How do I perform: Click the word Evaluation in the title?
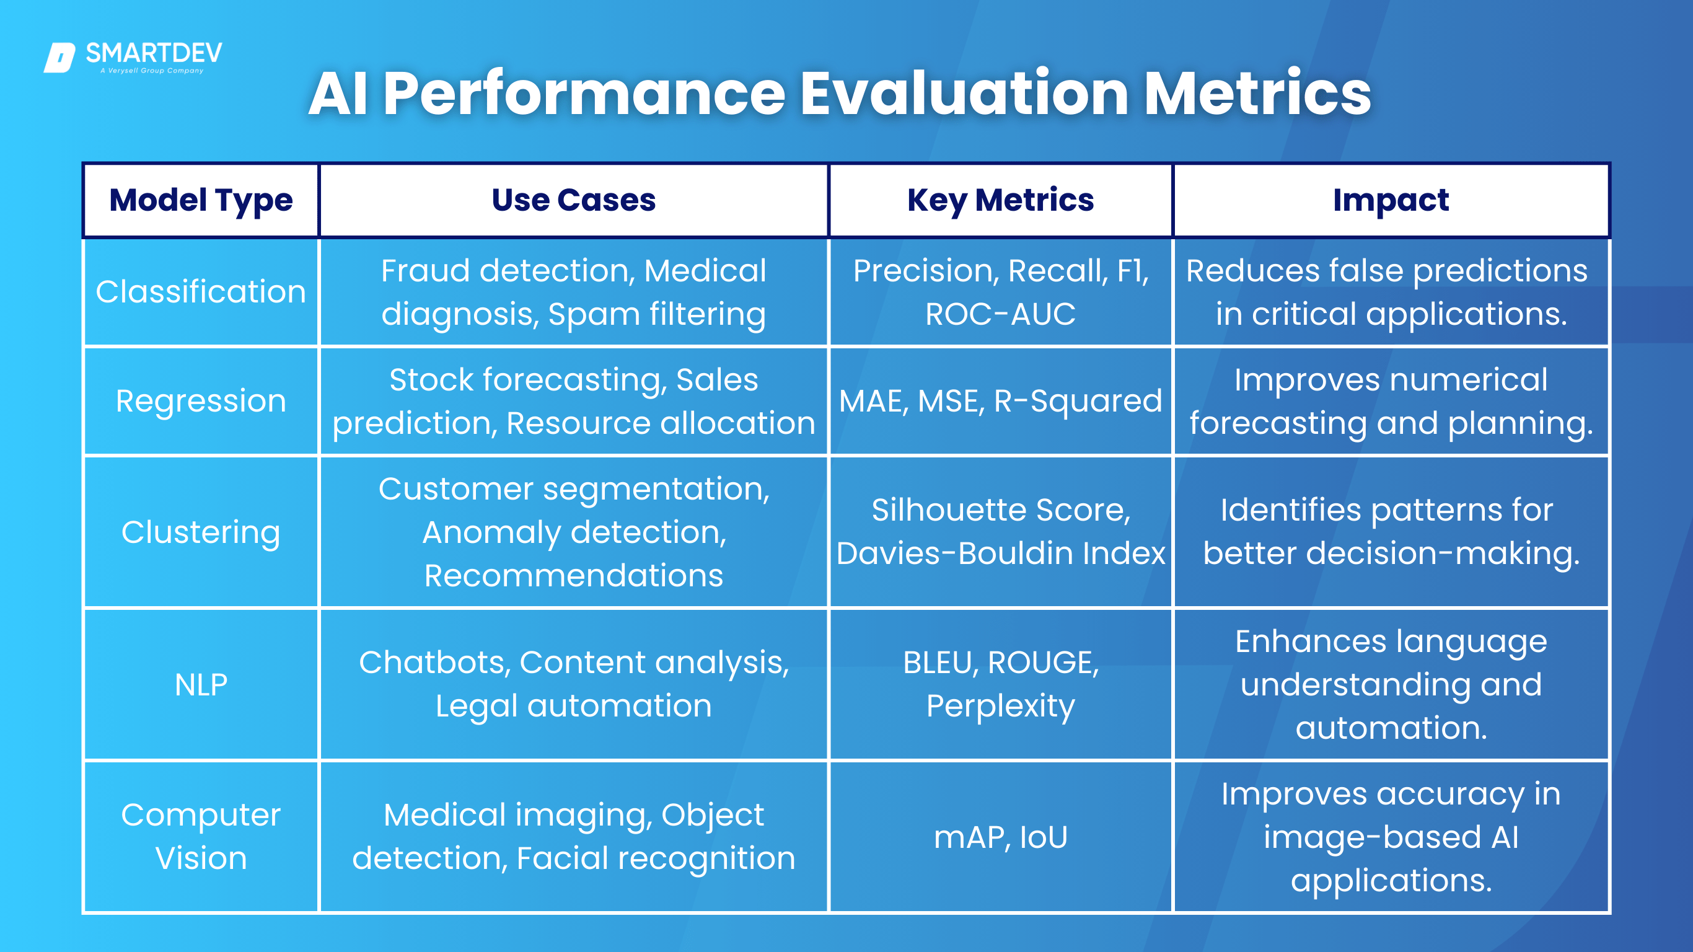[x=964, y=94]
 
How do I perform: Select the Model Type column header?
[x=201, y=200]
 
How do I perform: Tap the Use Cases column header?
[x=574, y=200]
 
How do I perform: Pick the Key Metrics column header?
[x=1000, y=200]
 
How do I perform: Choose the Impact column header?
[x=1391, y=200]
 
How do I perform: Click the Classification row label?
[x=201, y=291]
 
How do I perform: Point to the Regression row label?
[x=201, y=400]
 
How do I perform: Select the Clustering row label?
[x=201, y=532]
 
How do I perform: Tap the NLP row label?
[x=201, y=685]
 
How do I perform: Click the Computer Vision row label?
[x=201, y=836]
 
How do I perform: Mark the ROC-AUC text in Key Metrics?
[x=1000, y=314]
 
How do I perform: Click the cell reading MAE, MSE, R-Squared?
[x=1000, y=400]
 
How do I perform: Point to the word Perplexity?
[x=1000, y=707]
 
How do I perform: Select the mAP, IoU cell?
[x=1000, y=837]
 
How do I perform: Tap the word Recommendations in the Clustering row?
[x=574, y=575]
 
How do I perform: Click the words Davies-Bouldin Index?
[x=1000, y=553]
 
